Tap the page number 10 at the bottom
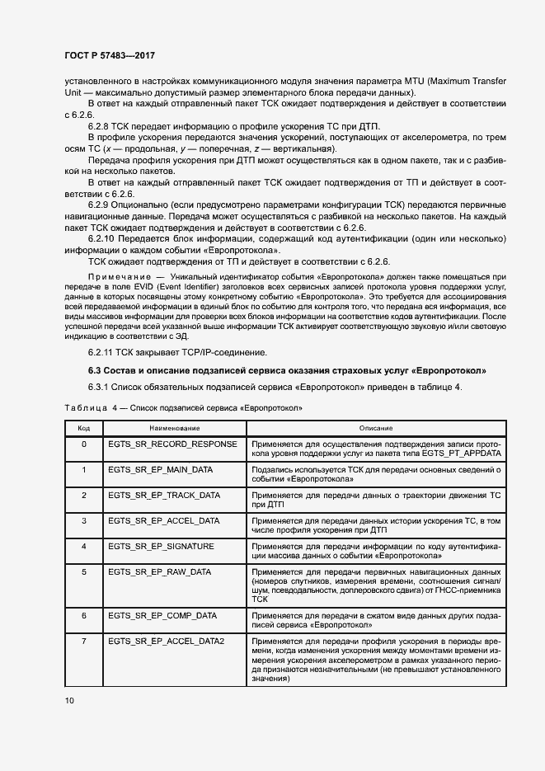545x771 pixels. point(69,700)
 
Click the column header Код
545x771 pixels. point(83,428)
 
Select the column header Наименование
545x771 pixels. point(175,428)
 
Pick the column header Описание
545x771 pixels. point(377,428)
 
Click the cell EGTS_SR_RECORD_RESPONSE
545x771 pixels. point(172,444)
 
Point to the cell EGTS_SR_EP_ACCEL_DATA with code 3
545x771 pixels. point(163,520)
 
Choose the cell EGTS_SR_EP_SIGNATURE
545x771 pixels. point(161,546)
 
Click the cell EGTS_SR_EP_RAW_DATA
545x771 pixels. point(160,571)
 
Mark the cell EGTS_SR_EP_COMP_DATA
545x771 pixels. point(162,615)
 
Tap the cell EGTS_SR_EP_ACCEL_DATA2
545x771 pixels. point(167,641)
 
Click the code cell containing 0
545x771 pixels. point(83,444)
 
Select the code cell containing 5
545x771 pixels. point(83,571)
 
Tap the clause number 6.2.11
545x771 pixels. point(102,351)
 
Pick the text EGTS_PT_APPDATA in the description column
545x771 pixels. point(455,454)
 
